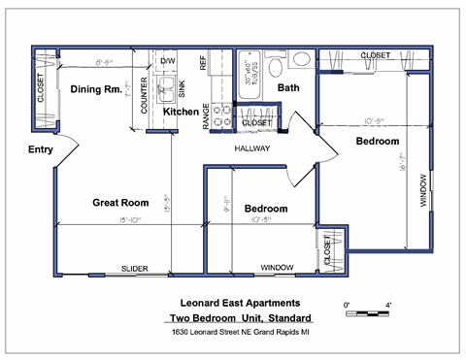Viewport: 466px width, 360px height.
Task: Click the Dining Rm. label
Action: (94, 90)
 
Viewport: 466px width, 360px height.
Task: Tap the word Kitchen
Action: (181, 113)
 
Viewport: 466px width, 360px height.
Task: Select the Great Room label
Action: (119, 203)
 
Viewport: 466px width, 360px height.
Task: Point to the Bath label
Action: (288, 88)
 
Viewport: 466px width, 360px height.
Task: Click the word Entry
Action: (41, 149)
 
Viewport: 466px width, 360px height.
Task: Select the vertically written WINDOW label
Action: (421, 192)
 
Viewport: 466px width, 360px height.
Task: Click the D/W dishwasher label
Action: (166, 60)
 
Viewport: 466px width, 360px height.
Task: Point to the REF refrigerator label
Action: (203, 64)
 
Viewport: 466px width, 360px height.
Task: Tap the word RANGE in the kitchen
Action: (206, 117)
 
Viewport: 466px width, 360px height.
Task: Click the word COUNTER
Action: (144, 98)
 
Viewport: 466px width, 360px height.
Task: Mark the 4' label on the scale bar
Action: (387, 306)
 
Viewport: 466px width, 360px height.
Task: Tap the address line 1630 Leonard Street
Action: (241, 333)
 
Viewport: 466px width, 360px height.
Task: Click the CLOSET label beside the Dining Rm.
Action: (40, 88)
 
